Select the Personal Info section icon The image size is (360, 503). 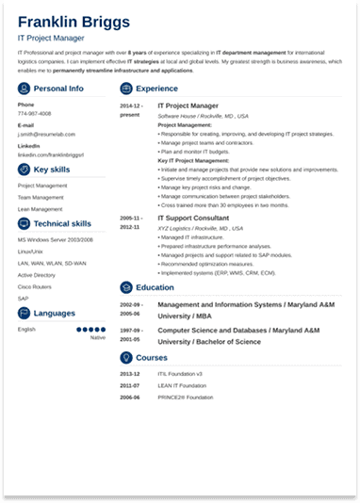pos(24,88)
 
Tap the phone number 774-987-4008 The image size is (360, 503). pos(34,114)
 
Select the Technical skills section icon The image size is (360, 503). pos(24,224)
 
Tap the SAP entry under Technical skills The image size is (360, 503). pos(23,299)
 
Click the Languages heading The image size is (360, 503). pos(55,313)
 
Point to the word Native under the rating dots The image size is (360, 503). pos(98,337)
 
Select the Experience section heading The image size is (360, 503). pos(156,88)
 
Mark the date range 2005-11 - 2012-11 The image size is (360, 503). pos(131,222)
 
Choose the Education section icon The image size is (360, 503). pos(126,287)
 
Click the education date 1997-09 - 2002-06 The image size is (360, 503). pos(131,335)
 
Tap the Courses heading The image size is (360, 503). pos(151,358)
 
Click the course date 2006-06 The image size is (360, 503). pos(129,398)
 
